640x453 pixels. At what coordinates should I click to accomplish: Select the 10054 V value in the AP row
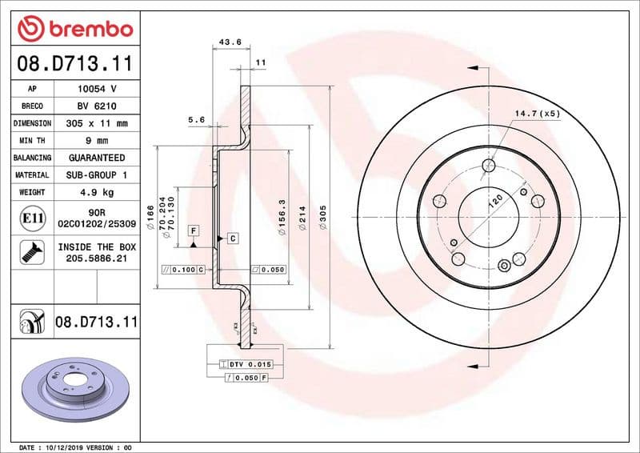pyautogui.click(x=98, y=89)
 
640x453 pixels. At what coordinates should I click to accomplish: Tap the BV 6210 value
pyautogui.click(x=98, y=106)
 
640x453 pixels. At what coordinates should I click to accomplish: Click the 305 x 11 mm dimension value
pyautogui.click(x=98, y=123)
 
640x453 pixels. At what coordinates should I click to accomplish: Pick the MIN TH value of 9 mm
pyautogui.click(x=98, y=141)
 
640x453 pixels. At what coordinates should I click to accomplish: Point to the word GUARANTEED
pyautogui.click(x=98, y=158)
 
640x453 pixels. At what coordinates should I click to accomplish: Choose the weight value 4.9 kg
pyautogui.click(x=98, y=192)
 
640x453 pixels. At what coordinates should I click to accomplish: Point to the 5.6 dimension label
pyautogui.click(x=197, y=119)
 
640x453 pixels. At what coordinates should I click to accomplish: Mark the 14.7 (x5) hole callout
pyautogui.click(x=537, y=114)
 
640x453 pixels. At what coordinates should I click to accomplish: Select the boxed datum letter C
pyautogui.click(x=232, y=238)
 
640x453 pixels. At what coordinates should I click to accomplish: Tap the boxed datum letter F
pyautogui.click(x=193, y=231)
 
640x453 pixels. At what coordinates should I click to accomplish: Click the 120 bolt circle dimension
pyautogui.click(x=496, y=201)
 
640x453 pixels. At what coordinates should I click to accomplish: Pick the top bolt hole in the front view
pyautogui.click(x=489, y=166)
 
